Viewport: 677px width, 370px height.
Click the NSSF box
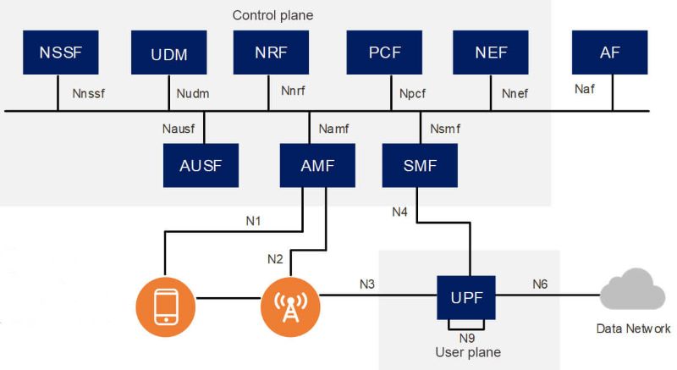point(58,52)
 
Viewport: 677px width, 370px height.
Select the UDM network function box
point(169,54)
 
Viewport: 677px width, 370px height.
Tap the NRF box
point(271,52)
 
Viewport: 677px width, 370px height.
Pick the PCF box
point(384,52)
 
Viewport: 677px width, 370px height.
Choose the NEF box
point(490,52)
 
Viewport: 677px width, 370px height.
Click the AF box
point(610,52)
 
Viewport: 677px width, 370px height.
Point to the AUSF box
point(201,165)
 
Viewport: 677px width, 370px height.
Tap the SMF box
point(421,165)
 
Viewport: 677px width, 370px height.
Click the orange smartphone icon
point(166,305)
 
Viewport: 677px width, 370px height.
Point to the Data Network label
point(634,329)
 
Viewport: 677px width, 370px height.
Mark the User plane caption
point(467,351)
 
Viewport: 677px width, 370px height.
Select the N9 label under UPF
point(467,338)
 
